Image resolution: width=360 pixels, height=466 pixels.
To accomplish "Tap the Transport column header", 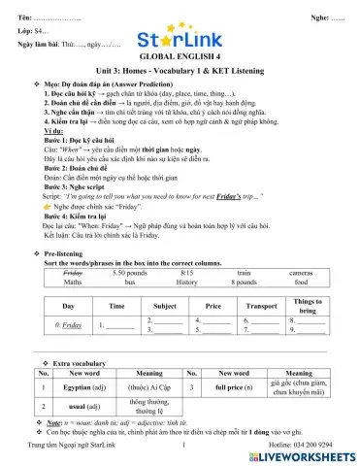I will pos(260,306).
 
